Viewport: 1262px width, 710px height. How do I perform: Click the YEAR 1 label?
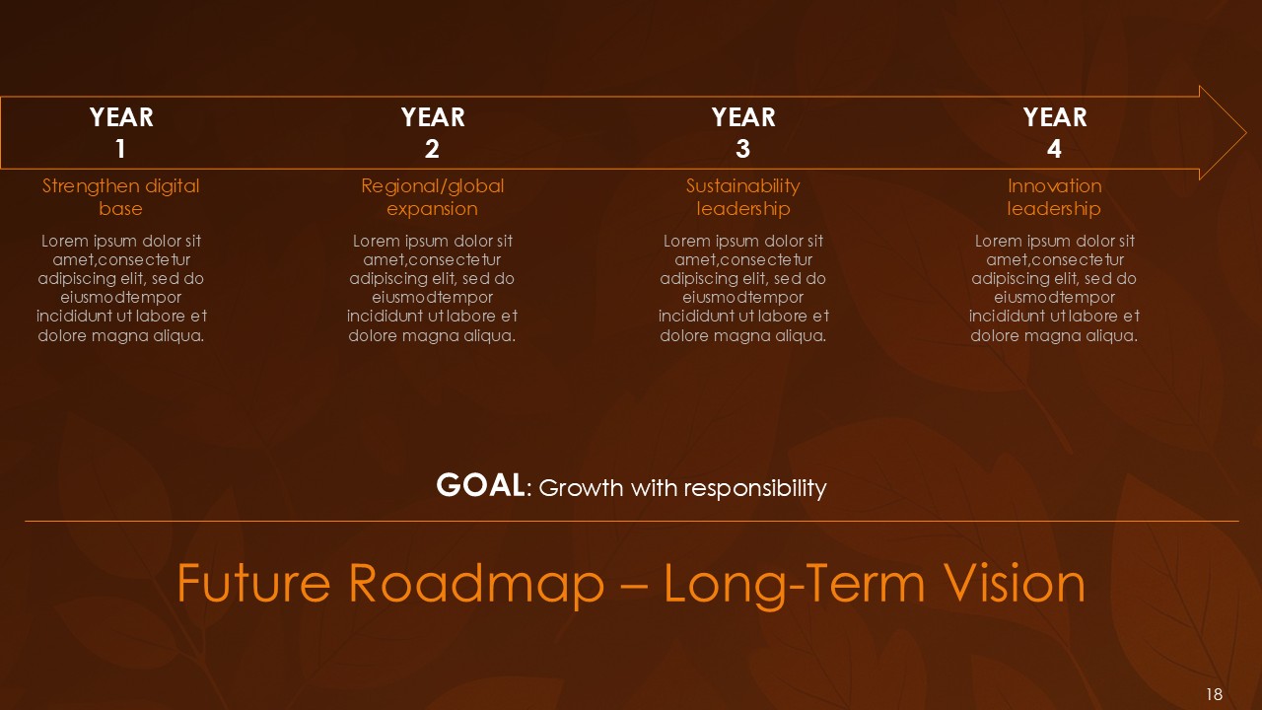click(121, 132)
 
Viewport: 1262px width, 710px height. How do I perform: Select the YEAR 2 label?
click(432, 132)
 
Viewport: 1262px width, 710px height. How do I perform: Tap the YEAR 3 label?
click(743, 132)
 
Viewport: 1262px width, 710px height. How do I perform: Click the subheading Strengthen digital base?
click(120, 196)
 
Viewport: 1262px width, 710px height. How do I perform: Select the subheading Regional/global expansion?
click(432, 196)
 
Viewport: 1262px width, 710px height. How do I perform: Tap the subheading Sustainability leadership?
click(742, 196)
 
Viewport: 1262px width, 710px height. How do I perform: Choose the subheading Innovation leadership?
click(1054, 196)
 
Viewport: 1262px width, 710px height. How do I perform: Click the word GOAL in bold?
click(480, 485)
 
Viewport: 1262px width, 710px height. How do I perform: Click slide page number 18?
click(1214, 694)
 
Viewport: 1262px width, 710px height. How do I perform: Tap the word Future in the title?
click(253, 583)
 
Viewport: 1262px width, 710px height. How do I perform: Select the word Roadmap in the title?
click(472, 583)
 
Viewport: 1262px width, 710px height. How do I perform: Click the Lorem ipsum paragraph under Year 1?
click(121, 288)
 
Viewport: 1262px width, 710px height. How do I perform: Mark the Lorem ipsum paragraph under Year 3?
click(743, 288)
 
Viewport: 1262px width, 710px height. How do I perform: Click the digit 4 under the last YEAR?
click(1054, 149)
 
